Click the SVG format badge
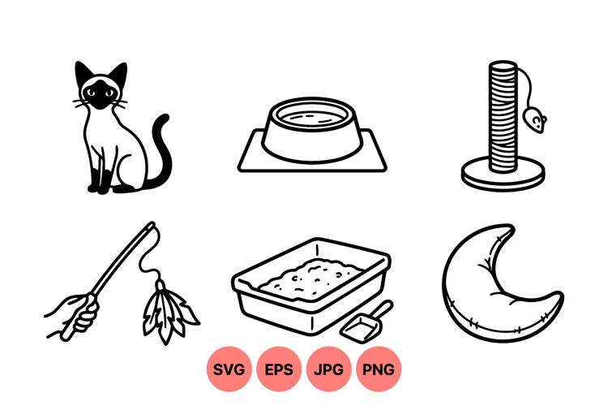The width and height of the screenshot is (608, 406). tap(229, 369)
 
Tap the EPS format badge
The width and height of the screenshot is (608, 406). tap(279, 369)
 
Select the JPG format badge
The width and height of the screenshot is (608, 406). tap(328, 369)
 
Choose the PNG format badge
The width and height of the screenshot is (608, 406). tap(378, 369)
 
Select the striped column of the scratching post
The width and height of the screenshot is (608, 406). tap(503, 114)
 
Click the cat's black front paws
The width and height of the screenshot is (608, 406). tap(99, 185)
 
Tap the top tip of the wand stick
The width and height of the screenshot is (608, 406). tap(151, 225)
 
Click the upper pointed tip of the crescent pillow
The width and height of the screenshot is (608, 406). tap(508, 230)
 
